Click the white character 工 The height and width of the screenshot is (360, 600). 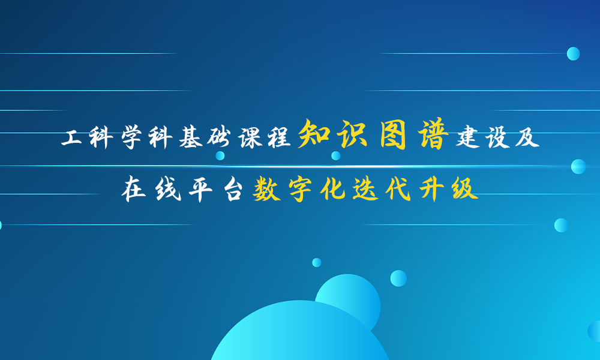[71, 137]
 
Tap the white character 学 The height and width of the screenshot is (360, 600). [131, 137]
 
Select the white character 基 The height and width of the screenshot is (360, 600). [191, 137]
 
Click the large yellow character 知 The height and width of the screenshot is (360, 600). [314, 134]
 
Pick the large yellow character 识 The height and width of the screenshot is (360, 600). [353, 134]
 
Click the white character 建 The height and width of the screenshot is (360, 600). [467, 137]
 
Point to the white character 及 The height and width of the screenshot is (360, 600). [527, 137]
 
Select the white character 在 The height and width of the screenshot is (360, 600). [134, 189]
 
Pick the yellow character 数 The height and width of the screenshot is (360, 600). [267, 189]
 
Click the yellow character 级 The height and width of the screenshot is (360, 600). [465, 189]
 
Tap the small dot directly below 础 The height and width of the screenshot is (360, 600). [220, 156]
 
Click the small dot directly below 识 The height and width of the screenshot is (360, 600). [335, 156]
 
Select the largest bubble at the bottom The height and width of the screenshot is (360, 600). [301, 331]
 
